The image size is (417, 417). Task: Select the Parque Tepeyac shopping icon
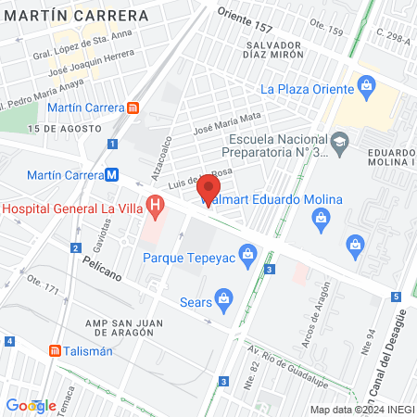coord(247,252)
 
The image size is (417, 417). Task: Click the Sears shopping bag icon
coord(225,299)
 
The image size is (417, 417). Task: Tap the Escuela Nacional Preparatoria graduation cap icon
coord(339,141)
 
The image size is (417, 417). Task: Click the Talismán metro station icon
coord(55,351)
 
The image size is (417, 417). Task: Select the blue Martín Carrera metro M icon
coord(111,174)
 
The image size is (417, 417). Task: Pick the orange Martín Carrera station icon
coord(134,107)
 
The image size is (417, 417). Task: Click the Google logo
coord(31,405)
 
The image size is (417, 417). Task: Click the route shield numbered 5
coord(395,297)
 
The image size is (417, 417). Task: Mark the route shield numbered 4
coord(8,341)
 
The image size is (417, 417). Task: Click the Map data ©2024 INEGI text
coord(361,410)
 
